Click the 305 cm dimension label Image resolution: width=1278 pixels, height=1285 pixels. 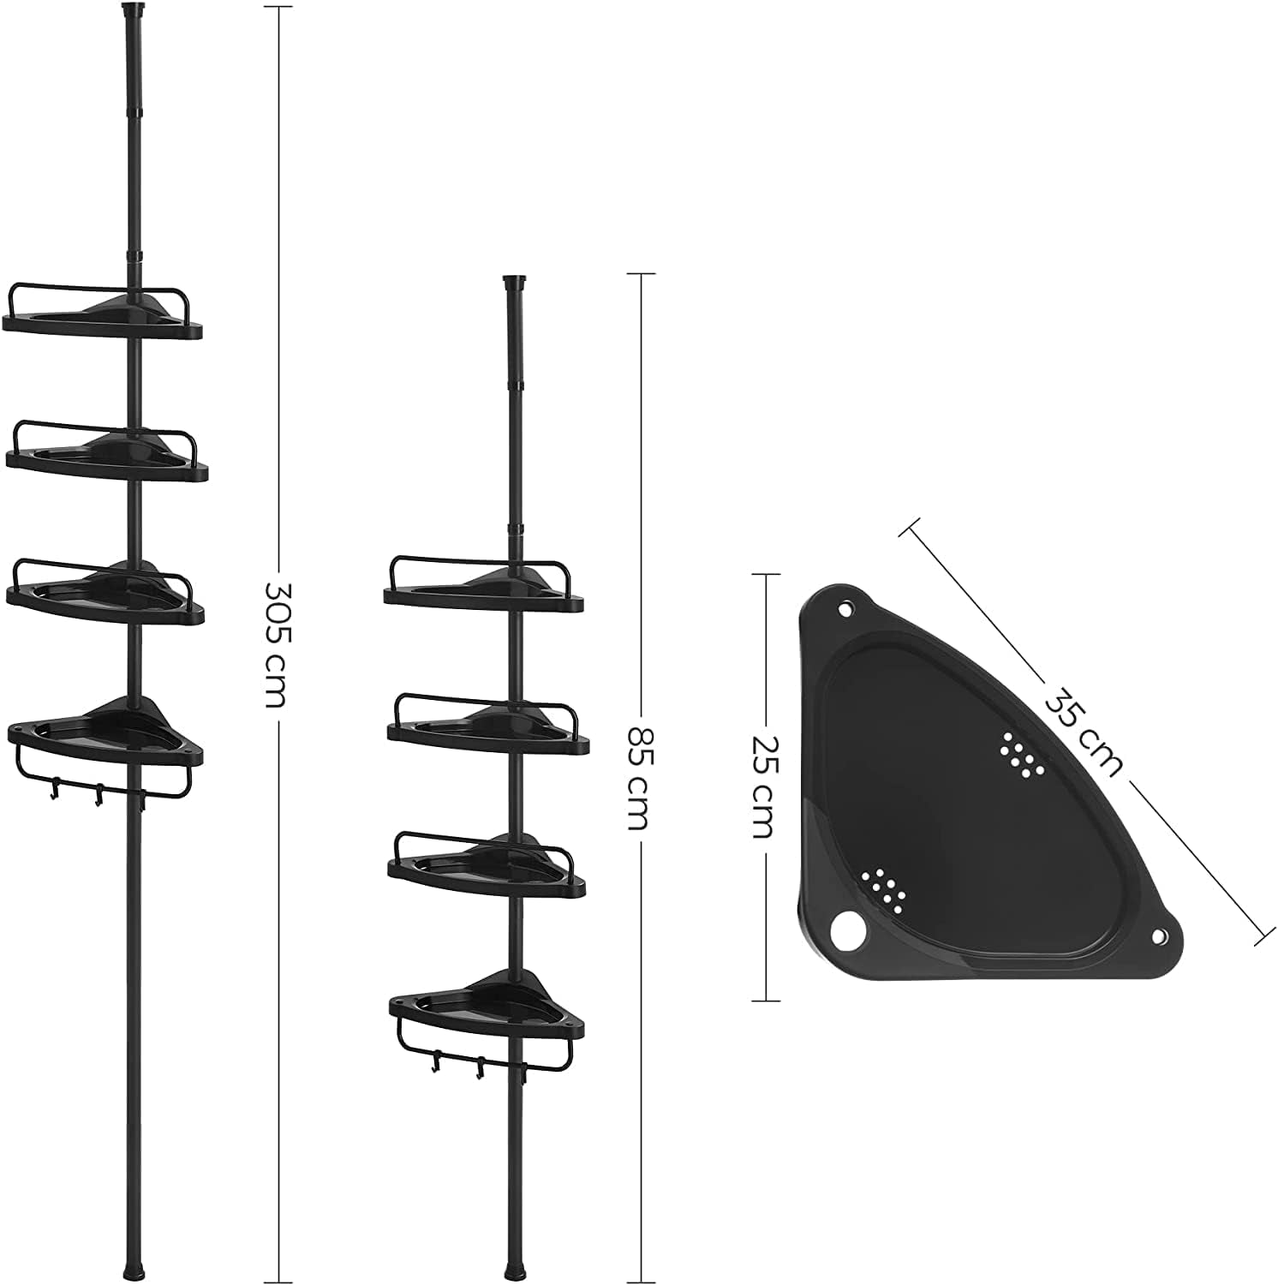coord(277,644)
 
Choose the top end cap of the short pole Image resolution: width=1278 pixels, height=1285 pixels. coord(514,283)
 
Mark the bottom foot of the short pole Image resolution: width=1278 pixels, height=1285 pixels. coord(513,1267)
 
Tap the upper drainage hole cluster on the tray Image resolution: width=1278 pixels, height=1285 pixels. coord(1021,755)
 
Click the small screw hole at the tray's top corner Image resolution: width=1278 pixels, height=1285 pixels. coord(845,611)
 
